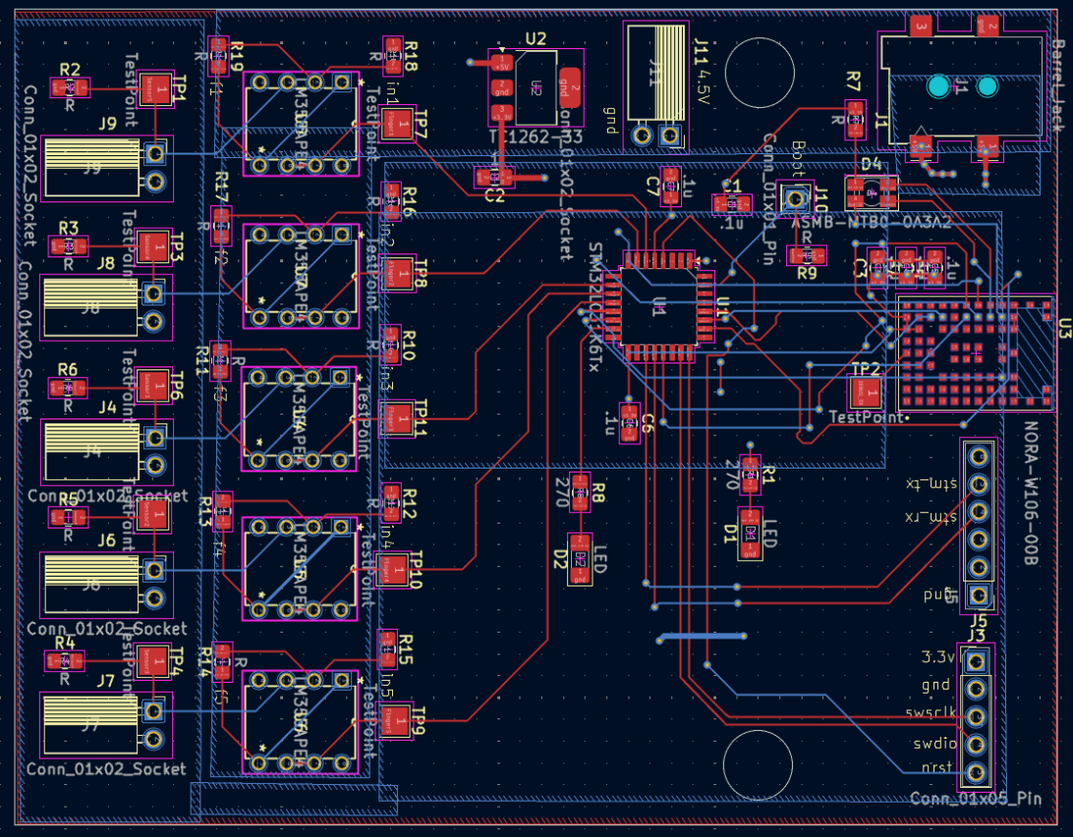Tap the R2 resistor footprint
tap(70, 88)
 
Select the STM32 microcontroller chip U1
tap(659, 307)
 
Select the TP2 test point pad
tap(865, 390)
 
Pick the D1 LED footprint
tap(750, 534)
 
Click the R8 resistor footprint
tap(580, 490)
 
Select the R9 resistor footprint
tap(807, 255)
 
